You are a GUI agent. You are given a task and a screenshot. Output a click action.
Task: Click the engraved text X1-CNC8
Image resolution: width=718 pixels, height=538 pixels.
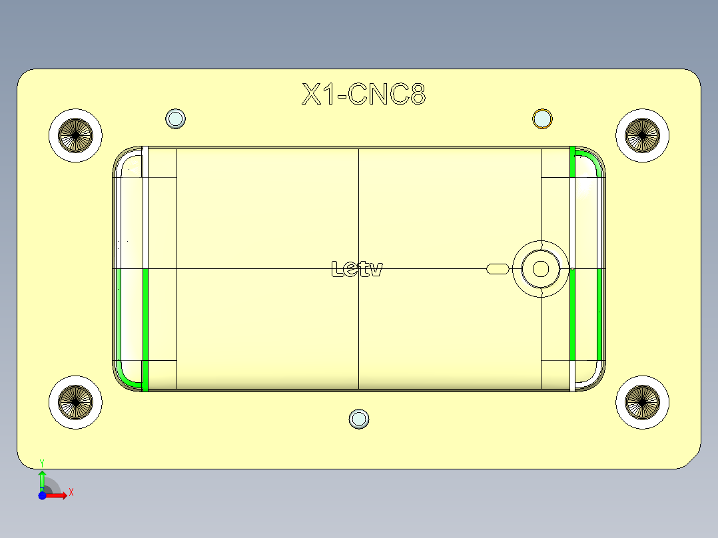click(x=364, y=95)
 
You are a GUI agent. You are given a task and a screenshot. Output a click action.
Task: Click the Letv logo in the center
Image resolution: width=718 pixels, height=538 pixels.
click(x=357, y=269)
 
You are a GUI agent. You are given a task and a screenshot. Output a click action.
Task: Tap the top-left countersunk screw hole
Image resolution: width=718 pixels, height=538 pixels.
click(x=75, y=135)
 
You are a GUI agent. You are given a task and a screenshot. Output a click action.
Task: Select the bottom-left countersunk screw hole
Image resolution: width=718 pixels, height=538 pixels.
click(x=75, y=402)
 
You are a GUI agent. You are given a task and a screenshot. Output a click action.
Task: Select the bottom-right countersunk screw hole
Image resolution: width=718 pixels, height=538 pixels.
click(x=642, y=402)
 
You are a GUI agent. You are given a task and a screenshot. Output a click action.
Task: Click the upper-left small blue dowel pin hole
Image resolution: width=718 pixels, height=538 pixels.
click(x=175, y=119)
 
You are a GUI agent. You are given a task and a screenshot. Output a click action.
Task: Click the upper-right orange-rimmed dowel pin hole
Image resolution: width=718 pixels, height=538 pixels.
click(x=543, y=119)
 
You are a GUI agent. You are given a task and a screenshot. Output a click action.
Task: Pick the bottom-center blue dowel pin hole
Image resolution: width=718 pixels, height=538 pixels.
click(x=360, y=419)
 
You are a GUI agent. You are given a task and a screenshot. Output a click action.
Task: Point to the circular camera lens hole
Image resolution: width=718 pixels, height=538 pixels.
click(x=540, y=269)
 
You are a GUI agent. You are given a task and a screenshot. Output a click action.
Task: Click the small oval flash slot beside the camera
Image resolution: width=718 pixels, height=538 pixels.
click(x=498, y=269)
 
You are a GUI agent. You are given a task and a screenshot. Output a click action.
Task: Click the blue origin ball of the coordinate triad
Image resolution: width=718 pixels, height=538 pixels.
click(x=42, y=495)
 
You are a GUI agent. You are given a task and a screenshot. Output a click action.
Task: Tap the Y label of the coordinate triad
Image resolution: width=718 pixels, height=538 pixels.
click(x=42, y=462)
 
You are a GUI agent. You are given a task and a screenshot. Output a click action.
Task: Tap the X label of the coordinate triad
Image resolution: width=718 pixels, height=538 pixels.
click(x=71, y=493)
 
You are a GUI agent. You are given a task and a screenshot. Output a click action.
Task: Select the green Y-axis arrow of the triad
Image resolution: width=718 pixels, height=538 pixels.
click(x=42, y=479)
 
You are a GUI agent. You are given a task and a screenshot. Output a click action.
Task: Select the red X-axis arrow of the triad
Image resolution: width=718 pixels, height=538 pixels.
click(x=57, y=495)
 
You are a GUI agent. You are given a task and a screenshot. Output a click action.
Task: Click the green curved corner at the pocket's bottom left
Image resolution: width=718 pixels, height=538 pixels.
click(x=127, y=378)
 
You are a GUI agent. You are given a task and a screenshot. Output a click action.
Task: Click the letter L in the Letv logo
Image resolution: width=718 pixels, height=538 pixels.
click(x=338, y=269)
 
